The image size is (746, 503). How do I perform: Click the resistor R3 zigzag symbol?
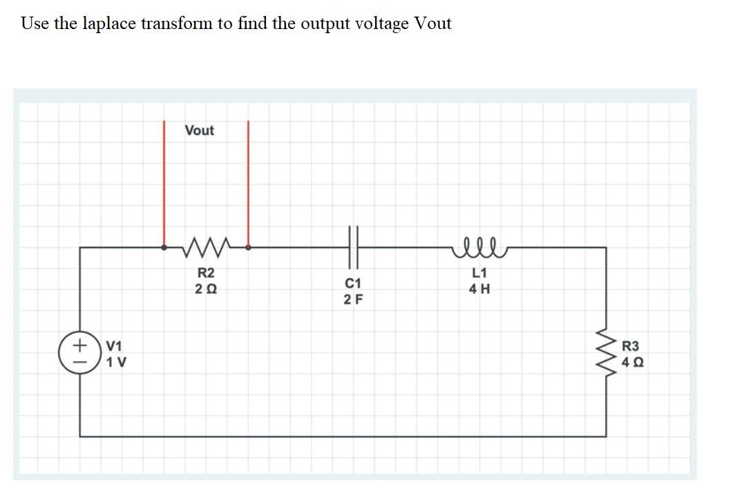606,354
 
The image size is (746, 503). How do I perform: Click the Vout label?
200,131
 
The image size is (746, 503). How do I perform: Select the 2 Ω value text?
206,289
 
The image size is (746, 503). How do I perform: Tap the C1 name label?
352,284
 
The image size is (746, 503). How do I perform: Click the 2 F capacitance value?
352,299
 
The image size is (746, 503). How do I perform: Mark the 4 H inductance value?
479,290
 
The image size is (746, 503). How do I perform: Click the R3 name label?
632,346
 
